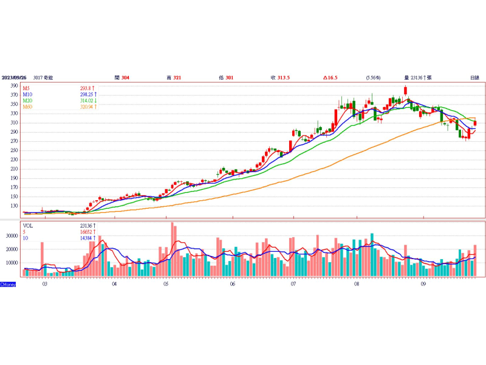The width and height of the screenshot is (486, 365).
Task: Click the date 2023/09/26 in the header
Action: [14, 78]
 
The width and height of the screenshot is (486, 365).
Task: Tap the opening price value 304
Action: [125, 78]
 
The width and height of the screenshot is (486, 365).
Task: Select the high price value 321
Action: [177, 78]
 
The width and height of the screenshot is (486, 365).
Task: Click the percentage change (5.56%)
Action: [372, 78]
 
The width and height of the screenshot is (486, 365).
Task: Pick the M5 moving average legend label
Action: [27, 88]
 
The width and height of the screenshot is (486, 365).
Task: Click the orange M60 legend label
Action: [28, 106]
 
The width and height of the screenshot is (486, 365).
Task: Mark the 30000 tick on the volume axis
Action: [11, 235]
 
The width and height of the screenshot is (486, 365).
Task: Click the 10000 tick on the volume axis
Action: [11, 263]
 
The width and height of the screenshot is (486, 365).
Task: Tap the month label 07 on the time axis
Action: [293, 283]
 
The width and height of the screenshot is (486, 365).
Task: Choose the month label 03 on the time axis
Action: [44, 283]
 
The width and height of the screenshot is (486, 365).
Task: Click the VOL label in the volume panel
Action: [29, 226]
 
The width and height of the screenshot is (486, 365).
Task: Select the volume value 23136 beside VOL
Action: [84, 226]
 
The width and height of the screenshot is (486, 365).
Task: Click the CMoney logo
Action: [8, 284]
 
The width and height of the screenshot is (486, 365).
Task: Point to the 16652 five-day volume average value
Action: [84, 232]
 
